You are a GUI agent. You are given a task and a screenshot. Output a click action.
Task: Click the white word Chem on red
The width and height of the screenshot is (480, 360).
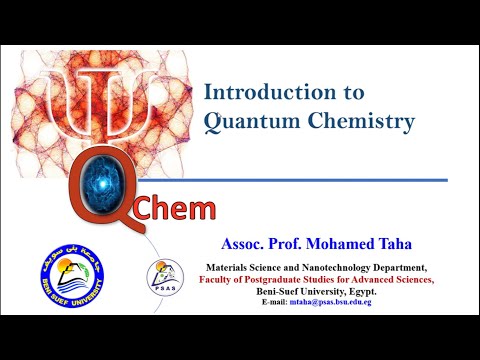[174, 210]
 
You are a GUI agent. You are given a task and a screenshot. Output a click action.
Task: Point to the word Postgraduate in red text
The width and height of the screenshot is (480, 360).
[276, 280]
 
